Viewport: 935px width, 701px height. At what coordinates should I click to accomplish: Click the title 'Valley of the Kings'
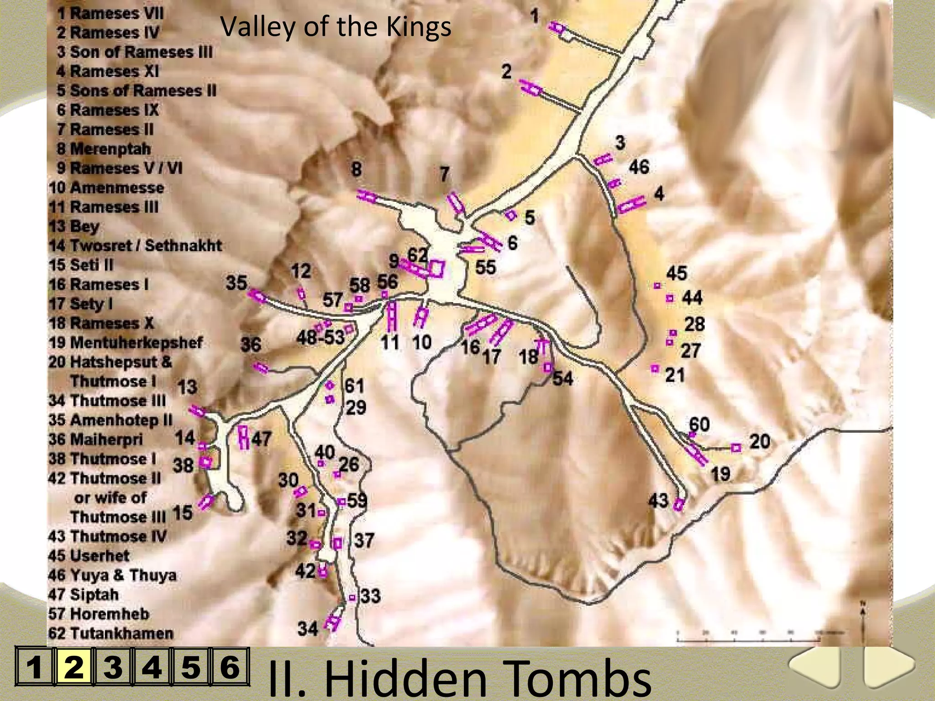point(336,26)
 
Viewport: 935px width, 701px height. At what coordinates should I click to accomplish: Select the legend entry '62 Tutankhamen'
point(110,633)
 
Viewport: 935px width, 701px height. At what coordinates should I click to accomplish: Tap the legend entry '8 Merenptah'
point(104,149)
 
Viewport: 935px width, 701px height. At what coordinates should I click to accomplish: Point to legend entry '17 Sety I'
point(81,303)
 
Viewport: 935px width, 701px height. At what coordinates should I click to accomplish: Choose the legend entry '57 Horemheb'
point(99,614)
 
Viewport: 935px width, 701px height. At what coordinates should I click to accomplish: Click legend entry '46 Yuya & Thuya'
point(112,575)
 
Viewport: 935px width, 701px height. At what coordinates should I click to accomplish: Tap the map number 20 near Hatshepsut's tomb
point(759,441)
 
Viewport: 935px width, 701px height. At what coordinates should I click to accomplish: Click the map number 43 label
point(658,501)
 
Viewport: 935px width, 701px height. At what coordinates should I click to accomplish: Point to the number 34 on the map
point(307,629)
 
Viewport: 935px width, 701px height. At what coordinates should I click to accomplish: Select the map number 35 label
point(236,283)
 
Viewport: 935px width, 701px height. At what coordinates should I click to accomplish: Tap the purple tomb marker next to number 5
point(511,214)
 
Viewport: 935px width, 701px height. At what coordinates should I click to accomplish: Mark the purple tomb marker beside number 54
point(548,367)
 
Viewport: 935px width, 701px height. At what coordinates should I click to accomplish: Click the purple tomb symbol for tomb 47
point(244,437)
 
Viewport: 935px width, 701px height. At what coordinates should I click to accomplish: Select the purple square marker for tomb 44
point(670,298)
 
